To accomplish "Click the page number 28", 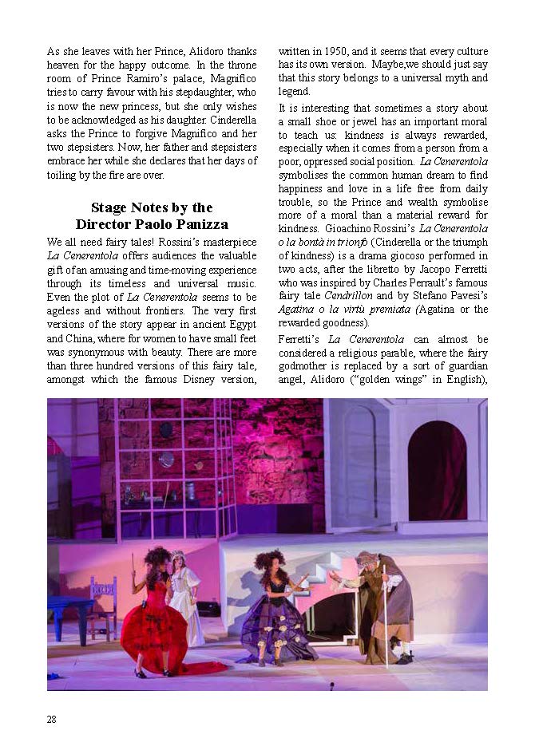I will (51, 719).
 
